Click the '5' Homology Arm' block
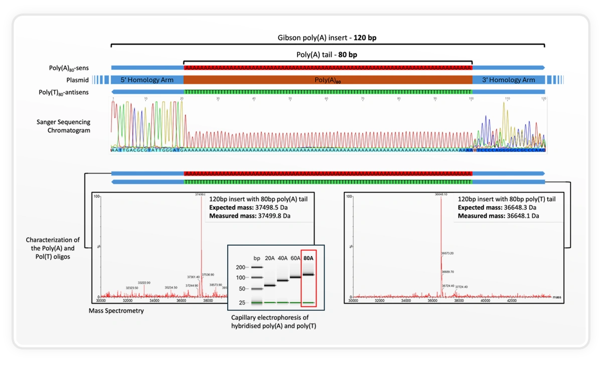[x=147, y=80]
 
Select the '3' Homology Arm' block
[x=508, y=80]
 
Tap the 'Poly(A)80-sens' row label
[x=69, y=67]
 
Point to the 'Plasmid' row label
[x=77, y=80]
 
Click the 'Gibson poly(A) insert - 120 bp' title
[x=327, y=38]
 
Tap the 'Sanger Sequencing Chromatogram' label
[x=63, y=126]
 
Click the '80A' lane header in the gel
[x=309, y=258]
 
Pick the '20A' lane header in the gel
[x=270, y=258]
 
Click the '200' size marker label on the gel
[x=240, y=268]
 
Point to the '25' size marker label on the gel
[x=241, y=303]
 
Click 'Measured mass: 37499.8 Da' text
[x=249, y=216]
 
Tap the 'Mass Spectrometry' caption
[x=116, y=311]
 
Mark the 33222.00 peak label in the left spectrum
[x=144, y=283]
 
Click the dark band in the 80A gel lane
[x=309, y=275]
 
